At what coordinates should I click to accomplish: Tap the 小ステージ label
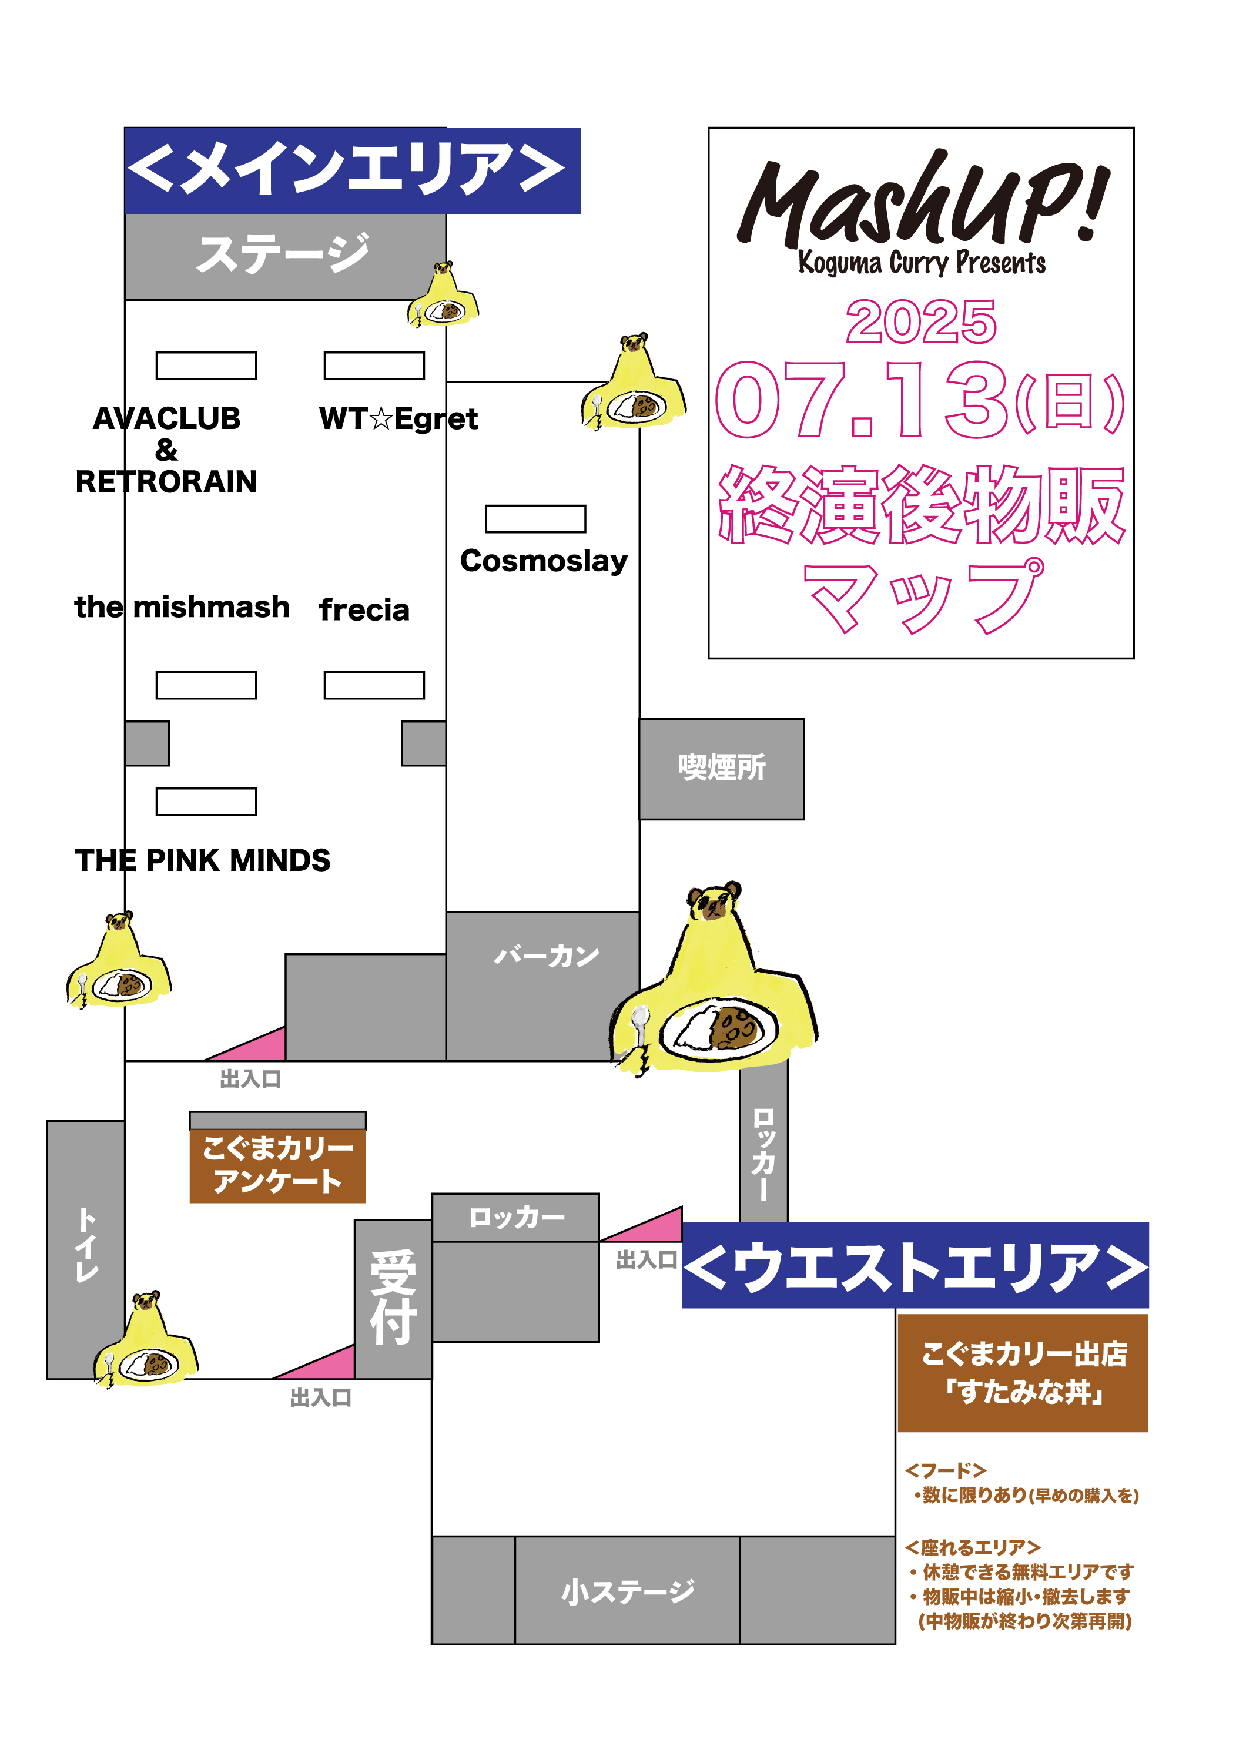click(628, 1592)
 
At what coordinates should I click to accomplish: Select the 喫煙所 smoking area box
click(722, 768)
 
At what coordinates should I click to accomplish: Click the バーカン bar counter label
click(546, 956)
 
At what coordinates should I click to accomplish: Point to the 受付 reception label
click(393, 1298)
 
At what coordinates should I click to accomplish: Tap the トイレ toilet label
click(86, 1245)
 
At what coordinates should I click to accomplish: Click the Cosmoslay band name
click(544, 561)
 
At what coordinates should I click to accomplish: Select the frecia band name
click(364, 609)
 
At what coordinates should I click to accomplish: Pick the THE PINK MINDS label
click(203, 861)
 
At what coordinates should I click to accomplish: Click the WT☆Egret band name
click(398, 419)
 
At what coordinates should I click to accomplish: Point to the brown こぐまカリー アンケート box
click(277, 1165)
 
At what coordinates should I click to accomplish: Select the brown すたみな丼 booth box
click(1023, 1372)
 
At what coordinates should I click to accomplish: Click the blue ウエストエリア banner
click(915, 1265)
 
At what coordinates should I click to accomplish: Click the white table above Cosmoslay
click(535, 519)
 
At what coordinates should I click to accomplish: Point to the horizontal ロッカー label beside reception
click(516, 1217)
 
